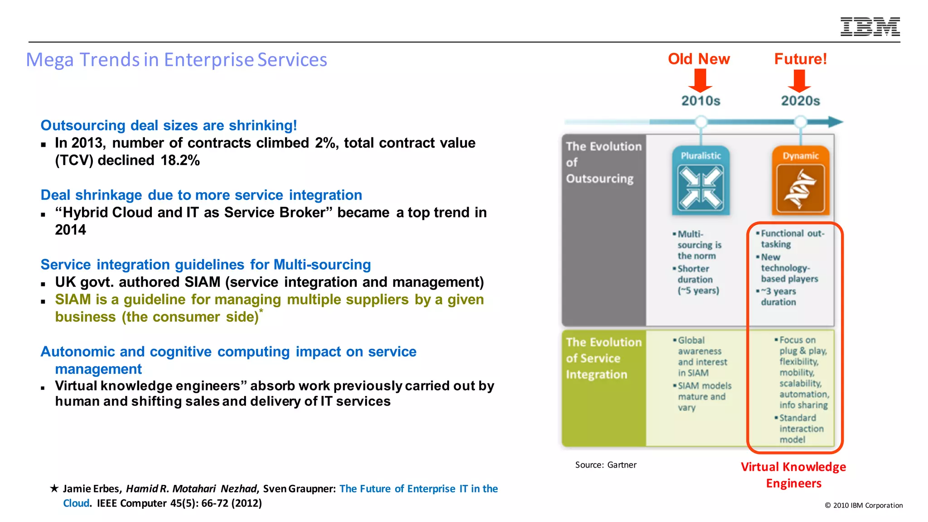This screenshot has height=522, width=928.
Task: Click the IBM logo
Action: (870, 27)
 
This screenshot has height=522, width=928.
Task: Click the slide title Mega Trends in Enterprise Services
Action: (176, 60)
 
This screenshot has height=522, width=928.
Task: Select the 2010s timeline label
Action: (701, 101)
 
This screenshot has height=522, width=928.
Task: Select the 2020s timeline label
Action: (800, 101)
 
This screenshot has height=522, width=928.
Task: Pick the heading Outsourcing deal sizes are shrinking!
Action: (169, 126)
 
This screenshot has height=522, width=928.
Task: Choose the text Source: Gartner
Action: (605, 465)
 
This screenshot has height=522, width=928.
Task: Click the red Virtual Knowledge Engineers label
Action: (793, 475)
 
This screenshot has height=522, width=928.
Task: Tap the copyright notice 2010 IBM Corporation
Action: (864, 505)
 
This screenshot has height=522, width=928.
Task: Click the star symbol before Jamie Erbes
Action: (54, 488)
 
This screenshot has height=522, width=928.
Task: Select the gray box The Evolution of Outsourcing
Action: (603, 227)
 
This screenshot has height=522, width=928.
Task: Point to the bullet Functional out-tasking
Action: (791, 239)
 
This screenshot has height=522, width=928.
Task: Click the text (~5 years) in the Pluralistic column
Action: (698, 290)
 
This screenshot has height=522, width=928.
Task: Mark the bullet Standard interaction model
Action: (800, 429)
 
